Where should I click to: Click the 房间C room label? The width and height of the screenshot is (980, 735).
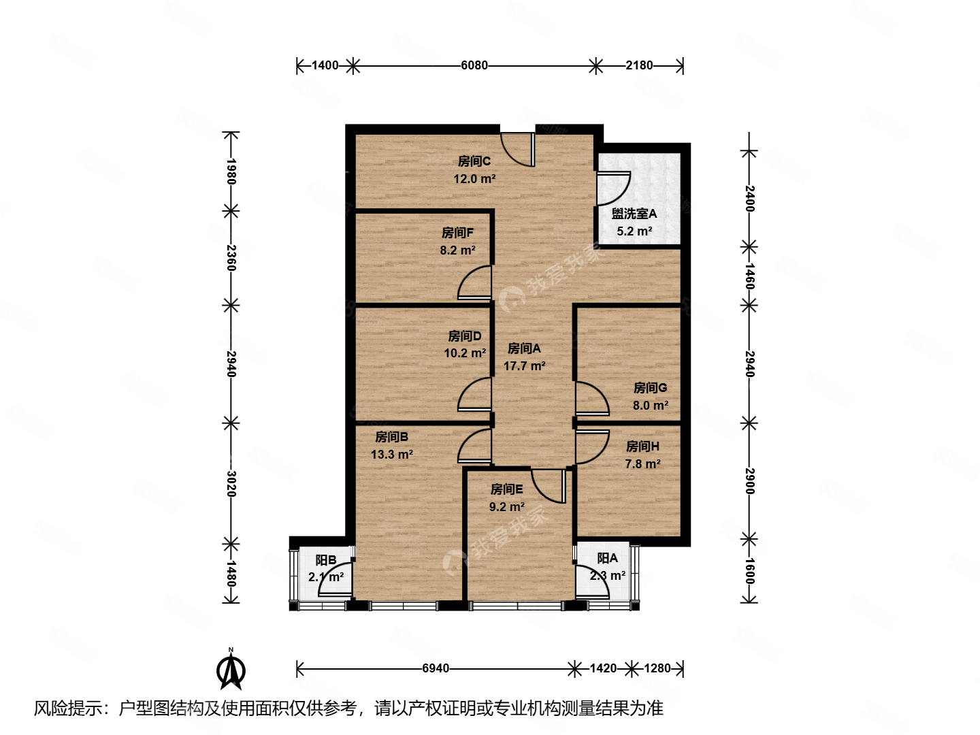[x=474, y=161]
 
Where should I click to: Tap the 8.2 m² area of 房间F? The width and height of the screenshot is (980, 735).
[x=457, y=250]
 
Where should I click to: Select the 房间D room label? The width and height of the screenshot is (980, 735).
[x=464, y=336]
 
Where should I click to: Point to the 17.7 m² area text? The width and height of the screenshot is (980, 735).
[x=524, y=366]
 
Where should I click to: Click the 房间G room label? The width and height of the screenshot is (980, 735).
[x=650, y=388]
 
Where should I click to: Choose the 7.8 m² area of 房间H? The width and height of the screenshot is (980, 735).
[x=642, y=464]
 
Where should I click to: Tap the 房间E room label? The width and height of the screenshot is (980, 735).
[x=506, y=489]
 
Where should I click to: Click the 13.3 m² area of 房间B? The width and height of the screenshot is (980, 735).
[x=391, y=455]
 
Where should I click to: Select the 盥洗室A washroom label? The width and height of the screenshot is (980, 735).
[x=634, y=214]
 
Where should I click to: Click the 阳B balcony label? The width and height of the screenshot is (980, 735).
[x=325, y=560]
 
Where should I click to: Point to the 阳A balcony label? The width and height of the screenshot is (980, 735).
[x=607, y=558]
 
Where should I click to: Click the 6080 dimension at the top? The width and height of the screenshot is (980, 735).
[x=474, y=65]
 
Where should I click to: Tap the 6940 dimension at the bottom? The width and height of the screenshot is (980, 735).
[x=436, y=668]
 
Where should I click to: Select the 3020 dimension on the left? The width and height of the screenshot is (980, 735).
[x=231, y=483]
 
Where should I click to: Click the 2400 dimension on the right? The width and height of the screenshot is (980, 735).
[x=749, y=198]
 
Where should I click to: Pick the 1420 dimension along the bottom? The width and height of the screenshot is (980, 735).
[x=602, y=668]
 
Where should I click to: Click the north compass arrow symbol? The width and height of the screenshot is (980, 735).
[x=231, y=670]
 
